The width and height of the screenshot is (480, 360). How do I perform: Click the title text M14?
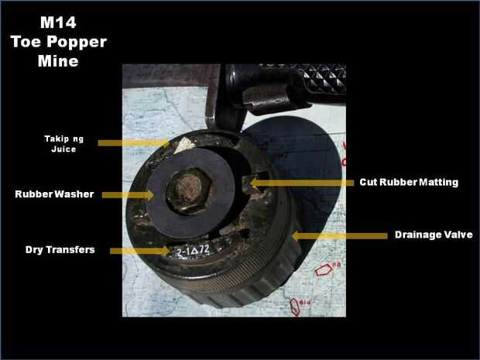tap(58, 22)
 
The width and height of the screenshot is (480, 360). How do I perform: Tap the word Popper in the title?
tap(81, 42)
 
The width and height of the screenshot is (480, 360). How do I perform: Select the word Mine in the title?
tap(58, 60)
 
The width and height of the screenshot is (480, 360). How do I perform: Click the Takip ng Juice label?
tap(63, 144)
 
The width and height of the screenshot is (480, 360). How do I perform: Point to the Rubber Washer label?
tap(54, 194)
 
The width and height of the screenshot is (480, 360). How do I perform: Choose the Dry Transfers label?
tap(60, 250)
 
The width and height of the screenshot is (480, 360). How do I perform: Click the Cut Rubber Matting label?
tap(409, 182)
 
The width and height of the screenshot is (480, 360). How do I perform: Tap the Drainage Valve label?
tap(434, 235)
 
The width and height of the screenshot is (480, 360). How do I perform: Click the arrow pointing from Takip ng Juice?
tap(134, 143)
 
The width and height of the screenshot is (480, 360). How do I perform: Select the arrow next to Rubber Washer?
tap(128, 195)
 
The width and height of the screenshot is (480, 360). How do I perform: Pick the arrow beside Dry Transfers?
tap(140, 251)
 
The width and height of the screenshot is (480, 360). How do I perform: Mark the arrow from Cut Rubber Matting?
tap(302, 183)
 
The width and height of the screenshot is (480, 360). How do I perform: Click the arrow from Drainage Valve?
tap(340, 236)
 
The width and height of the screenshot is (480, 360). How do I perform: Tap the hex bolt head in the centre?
tap(189, 190)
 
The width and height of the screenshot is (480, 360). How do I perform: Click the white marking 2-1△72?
tap(194, 251)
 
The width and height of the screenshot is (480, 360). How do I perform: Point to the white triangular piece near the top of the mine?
tap(183, 145)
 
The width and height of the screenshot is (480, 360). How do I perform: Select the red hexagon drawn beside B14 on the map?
tap(294, 307)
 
